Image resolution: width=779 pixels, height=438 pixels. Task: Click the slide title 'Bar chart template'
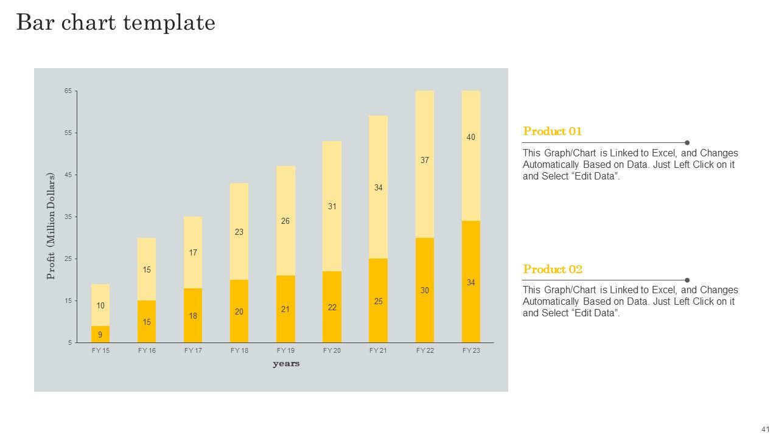[x=116, y=23]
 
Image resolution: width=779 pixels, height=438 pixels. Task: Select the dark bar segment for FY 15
[x=100, y=335]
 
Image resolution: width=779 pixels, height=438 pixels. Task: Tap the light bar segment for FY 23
[x=471, y=156]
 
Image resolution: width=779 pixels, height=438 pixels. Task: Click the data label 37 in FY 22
[x=425, y=160]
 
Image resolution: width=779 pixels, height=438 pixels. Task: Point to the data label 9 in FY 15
[x=100, y=335]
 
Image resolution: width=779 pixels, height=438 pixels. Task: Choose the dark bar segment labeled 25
[x=379, y=301]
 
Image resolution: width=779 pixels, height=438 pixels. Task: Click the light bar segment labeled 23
[x=239, y=232]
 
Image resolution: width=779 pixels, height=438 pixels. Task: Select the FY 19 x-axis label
[x=285, y=350]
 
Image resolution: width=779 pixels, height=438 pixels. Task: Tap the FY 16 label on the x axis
[x=147, y=350]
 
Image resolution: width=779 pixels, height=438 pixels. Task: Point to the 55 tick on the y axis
[x=68, y=133]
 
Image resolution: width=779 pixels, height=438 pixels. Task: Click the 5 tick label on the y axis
[x=70, y=342]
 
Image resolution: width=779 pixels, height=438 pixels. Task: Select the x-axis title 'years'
[x=286, y=364]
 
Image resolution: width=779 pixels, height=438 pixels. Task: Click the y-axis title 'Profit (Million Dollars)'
[x=51, y=226]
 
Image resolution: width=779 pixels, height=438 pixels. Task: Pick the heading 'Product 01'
[x=552, y=131]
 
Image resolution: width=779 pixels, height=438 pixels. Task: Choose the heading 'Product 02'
[x=553, y=269]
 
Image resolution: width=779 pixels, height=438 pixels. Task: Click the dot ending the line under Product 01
[x=687, y=142]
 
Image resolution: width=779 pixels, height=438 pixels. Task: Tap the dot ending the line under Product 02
[x=687, y=280]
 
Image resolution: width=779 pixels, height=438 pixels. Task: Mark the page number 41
[x=766, y=429]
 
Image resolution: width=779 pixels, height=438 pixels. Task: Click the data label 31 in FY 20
[x=332, y=206]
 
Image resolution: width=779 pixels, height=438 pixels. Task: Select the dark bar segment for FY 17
[x=193, y=316]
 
